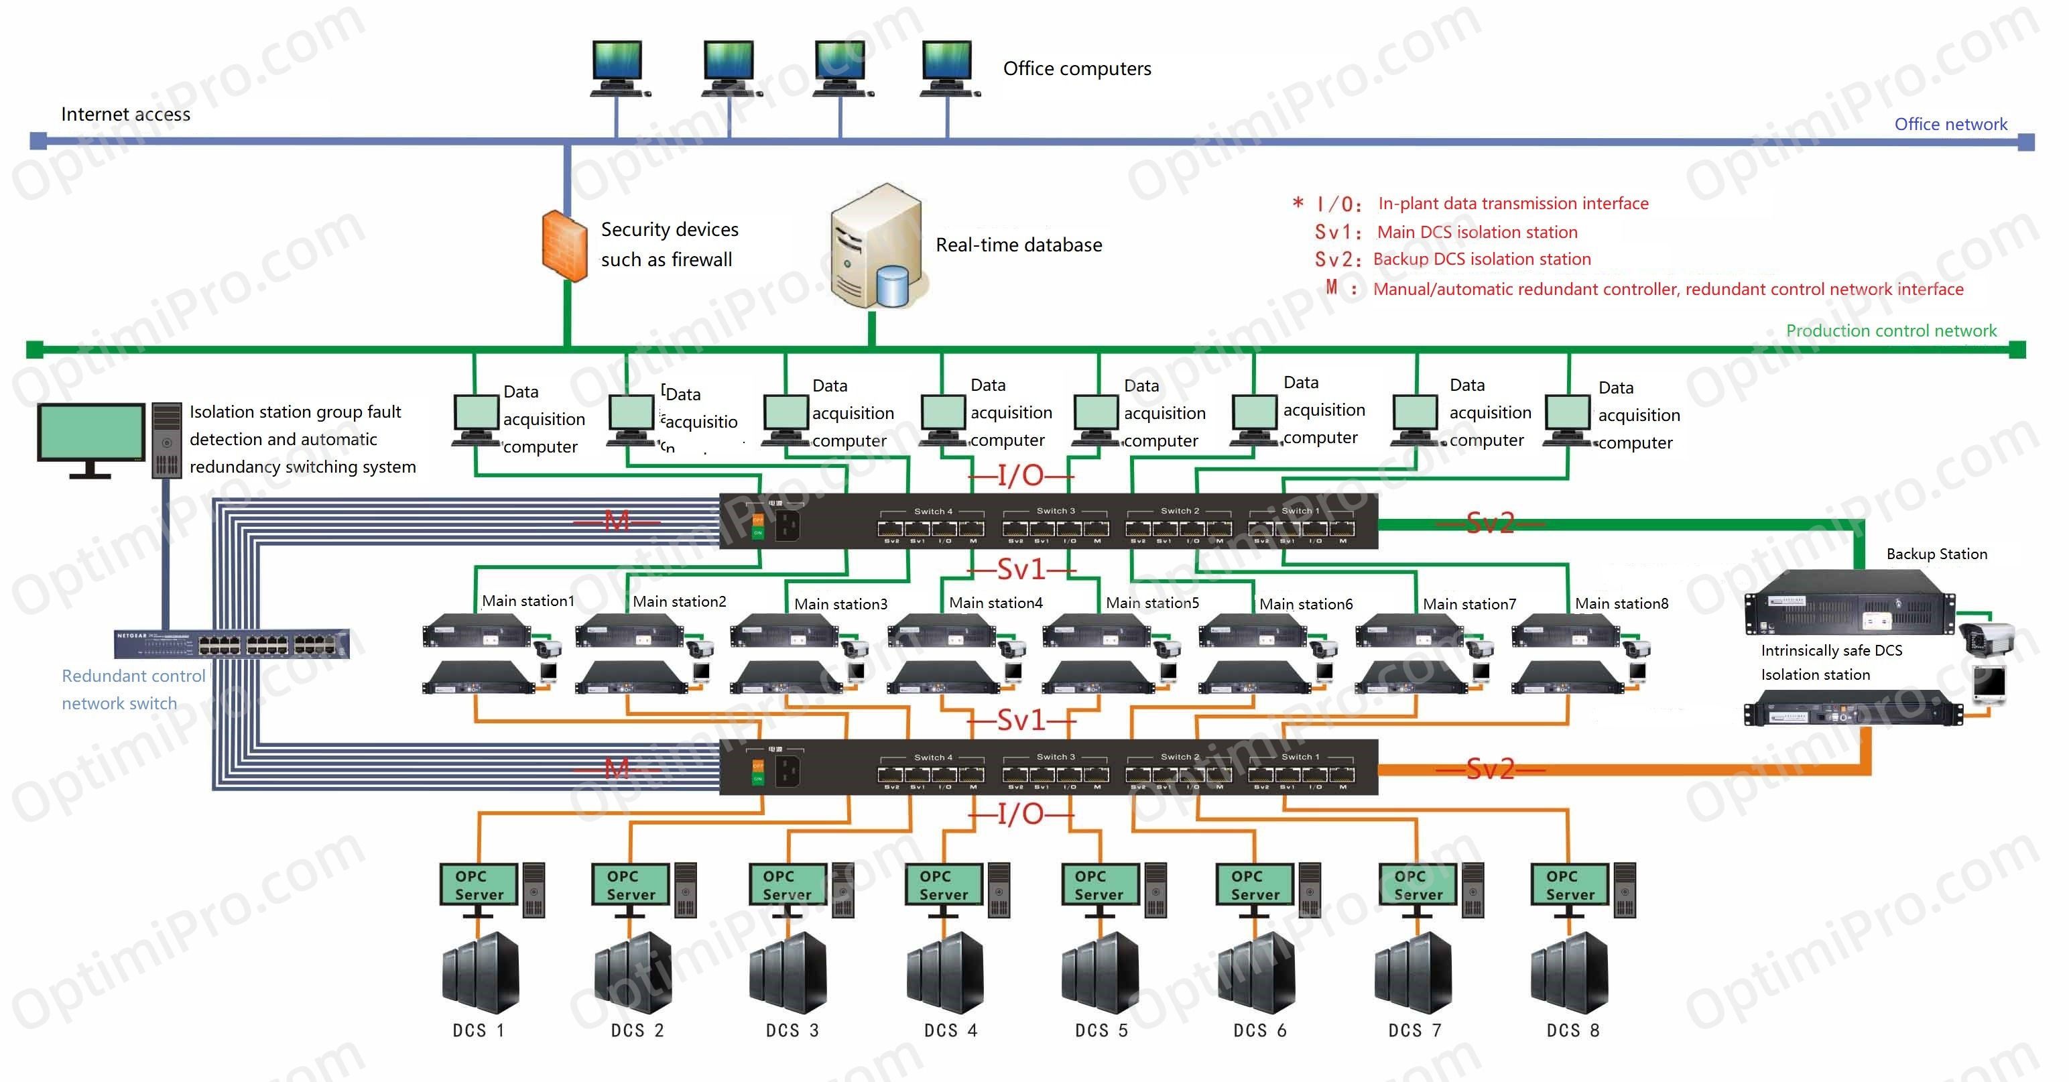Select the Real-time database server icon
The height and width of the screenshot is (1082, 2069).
[x=877, y=247]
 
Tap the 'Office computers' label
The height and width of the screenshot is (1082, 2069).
[x=1076, y=69]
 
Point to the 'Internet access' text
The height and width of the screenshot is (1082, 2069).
[x=125, y=115]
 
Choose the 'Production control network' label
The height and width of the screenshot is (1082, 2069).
[x=1890, y=331]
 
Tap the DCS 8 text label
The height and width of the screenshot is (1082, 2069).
[x=1572, y=1030]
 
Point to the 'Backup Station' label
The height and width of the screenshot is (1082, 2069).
[x=1936, y=554]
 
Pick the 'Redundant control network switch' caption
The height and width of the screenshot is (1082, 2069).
[x=133, y=690]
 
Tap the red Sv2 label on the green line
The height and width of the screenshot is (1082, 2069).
[x=1490, y=524]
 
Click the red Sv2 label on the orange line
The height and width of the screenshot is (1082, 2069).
[x=1490, y=770]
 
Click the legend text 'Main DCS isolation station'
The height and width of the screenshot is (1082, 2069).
[x=1477, y=233]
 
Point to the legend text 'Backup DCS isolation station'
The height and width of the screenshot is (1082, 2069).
[x=1481, y=259]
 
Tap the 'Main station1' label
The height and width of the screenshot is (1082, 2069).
[x=527, y=601]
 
